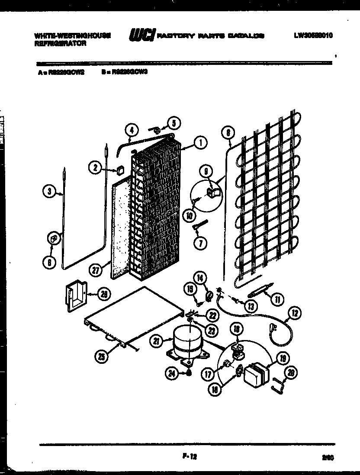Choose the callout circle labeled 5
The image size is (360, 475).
click(x=174, y=123)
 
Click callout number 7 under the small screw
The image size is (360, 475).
click(x=200, y=243)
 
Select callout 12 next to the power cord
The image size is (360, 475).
click(x=296, y=313)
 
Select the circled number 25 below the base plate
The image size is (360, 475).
click(x=102, y=356)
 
